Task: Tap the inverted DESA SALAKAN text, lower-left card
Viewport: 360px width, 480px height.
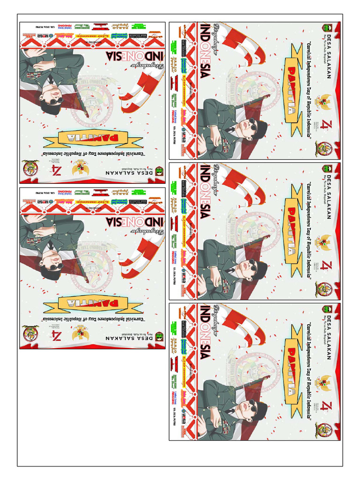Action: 127,337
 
